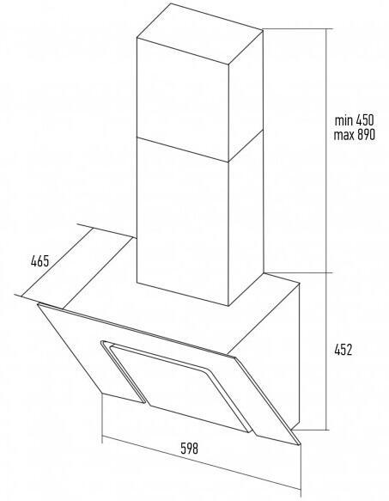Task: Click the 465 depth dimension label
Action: coord(40,261)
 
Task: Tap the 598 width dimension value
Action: coord(190,449)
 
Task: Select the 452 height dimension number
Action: coord(343,350)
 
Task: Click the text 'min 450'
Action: coord(354,120)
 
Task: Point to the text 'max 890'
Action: coord(355,135)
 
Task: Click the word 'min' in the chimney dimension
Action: coord(343,120)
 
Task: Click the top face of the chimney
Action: coord(200,34)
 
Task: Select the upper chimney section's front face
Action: coord(183,100)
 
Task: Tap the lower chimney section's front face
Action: coord(183,222)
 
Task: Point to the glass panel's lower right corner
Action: coord(300,444)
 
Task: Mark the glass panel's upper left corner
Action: coord(38,304)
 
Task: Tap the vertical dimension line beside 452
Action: coord(326,351)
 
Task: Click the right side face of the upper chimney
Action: coord(246,96)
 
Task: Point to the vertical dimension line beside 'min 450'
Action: coord(326,150)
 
